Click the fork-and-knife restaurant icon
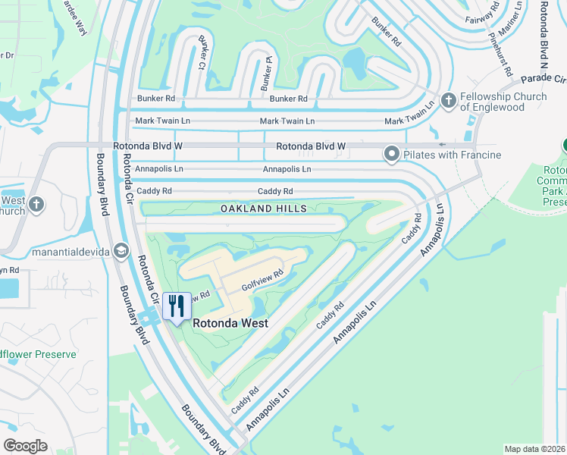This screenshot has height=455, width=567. tap(177, 306)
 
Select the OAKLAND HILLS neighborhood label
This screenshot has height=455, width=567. tap(264, 208)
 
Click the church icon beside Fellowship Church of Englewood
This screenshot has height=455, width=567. tap(448, 100)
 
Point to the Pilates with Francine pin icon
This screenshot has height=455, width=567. tap(392, 155)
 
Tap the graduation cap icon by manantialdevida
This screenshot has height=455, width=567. tap(121, 251)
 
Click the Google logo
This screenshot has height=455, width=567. tap(25, 446)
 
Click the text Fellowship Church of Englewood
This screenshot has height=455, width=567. tap(504, 101)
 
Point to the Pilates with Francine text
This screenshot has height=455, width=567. tap(453, 155)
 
